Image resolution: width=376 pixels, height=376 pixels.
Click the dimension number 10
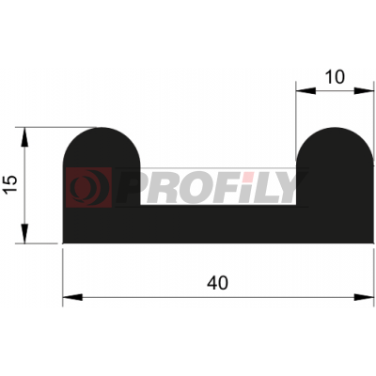pos(335,77)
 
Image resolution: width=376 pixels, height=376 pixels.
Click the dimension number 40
pos(217,283)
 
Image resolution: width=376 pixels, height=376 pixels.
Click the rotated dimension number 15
pos(11,184)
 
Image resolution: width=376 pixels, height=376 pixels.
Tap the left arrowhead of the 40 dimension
pos(72,297)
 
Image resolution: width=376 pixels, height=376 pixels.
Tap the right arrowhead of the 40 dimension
pos(364,297)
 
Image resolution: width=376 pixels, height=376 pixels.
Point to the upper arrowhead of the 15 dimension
pos(24,137)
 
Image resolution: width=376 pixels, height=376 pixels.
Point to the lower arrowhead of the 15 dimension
pos(24,234)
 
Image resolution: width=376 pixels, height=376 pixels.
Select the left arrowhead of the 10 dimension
pos(305,90)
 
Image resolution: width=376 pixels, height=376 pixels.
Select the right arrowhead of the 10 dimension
pos(364,90)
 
